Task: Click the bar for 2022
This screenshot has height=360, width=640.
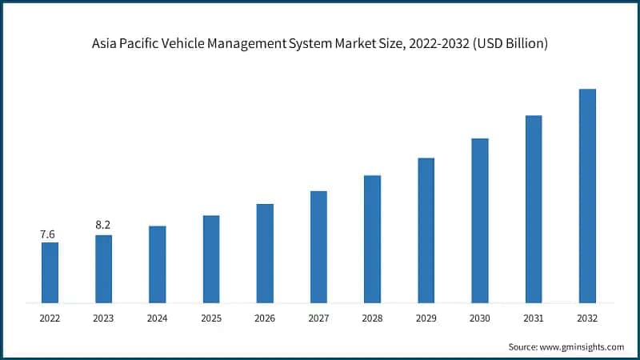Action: pos(50,273)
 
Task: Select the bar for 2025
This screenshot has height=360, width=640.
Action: pos(211,259)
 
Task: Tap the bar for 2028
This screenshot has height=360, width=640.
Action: pos(372,239)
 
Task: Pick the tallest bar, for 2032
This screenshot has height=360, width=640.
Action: pos(587,196)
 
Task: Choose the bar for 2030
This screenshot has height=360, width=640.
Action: pos(480,221)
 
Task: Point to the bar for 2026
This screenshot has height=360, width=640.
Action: pos(265,254)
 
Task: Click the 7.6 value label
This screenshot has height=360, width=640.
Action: pos(48,234)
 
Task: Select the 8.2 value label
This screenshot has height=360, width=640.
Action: pos(102,226)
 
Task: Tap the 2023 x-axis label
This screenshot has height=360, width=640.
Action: pos(103,318)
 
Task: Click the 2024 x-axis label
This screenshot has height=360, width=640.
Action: pos(157,318)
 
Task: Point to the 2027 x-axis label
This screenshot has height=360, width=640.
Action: pos(318,318)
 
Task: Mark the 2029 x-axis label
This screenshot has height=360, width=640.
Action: pos(426,318)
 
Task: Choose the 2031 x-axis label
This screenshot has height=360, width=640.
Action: pos(534,318)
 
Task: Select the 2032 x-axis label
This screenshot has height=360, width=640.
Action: pos(587,318)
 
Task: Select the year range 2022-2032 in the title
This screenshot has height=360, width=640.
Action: pos(438,45)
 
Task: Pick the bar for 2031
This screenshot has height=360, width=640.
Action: pos(534,210)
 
